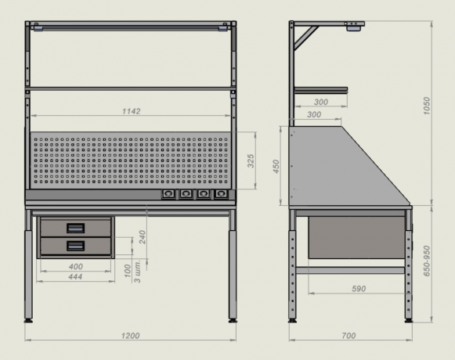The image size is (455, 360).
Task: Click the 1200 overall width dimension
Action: pyautogui.click(x=130, y=336)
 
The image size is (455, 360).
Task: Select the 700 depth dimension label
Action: pyautogui.click(x=348, y=336)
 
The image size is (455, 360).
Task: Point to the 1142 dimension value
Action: pyautogui.click(x=131, y=111)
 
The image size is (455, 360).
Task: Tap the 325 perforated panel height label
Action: pyautogui.click(x=251, y=161)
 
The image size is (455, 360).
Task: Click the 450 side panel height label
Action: pyautogui.click(x=276, y=167)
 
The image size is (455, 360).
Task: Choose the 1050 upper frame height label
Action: pyautogui.click(x=426, y=106)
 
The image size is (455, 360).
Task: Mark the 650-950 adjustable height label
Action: pyautogui.click(x=426, y=261)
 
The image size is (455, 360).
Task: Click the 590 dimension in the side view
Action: pyautogui.click(x=359, y=289)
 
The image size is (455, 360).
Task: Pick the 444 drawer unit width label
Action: pyautogui.click(x=75, y=277)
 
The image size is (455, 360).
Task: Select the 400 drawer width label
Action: pyautogui.click(x=76, y=266)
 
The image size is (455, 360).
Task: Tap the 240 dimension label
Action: pyautogui.click(x=142, y=237)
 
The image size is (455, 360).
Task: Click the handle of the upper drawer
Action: pyautogui.click(x=76, y=228)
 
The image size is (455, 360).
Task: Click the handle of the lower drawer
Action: pyautogui.click(x=76, y=246)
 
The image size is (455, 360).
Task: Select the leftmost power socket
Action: pyautogui.click(x=168, y=194)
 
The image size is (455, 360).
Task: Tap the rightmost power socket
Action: pyautogui.click(x=221, y=194)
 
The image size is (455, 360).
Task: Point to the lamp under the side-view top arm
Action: pyautogui.click(x=354, y=28)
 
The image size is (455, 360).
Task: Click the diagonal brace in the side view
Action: pyautogui.click(x=306, y=38)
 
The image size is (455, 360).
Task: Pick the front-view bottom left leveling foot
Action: pyautogui.click(x=28, y=321)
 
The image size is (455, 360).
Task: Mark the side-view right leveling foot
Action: pyautogui.click(x=409, y=321)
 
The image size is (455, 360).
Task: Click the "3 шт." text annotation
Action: pyautogui.click(x=137, y=272)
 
